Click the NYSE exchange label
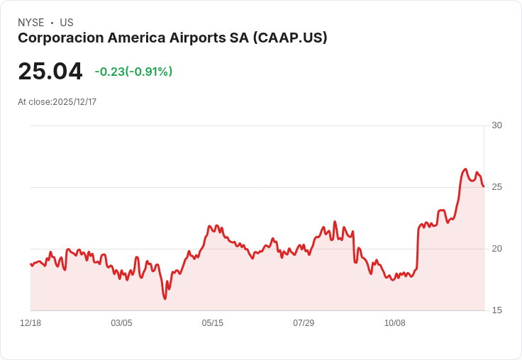point(31,23)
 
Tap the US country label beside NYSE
point(67,23)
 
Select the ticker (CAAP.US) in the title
point(290,38)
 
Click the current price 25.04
point(50,72)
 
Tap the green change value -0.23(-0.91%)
point(133,72)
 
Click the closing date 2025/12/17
point(74,102)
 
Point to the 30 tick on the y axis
point(496,125)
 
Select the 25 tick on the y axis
point(496,187)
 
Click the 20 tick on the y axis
point(496,249)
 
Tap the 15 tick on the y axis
point(496,310)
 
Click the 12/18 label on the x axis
point(30,323)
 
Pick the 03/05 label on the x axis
point(121,323)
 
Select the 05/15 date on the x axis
point(213,323)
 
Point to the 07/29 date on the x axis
point(304,323)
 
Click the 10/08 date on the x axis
point(395,323)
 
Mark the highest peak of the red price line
point(465,169)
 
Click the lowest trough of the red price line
point(165,299)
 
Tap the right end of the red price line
point(484,186)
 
